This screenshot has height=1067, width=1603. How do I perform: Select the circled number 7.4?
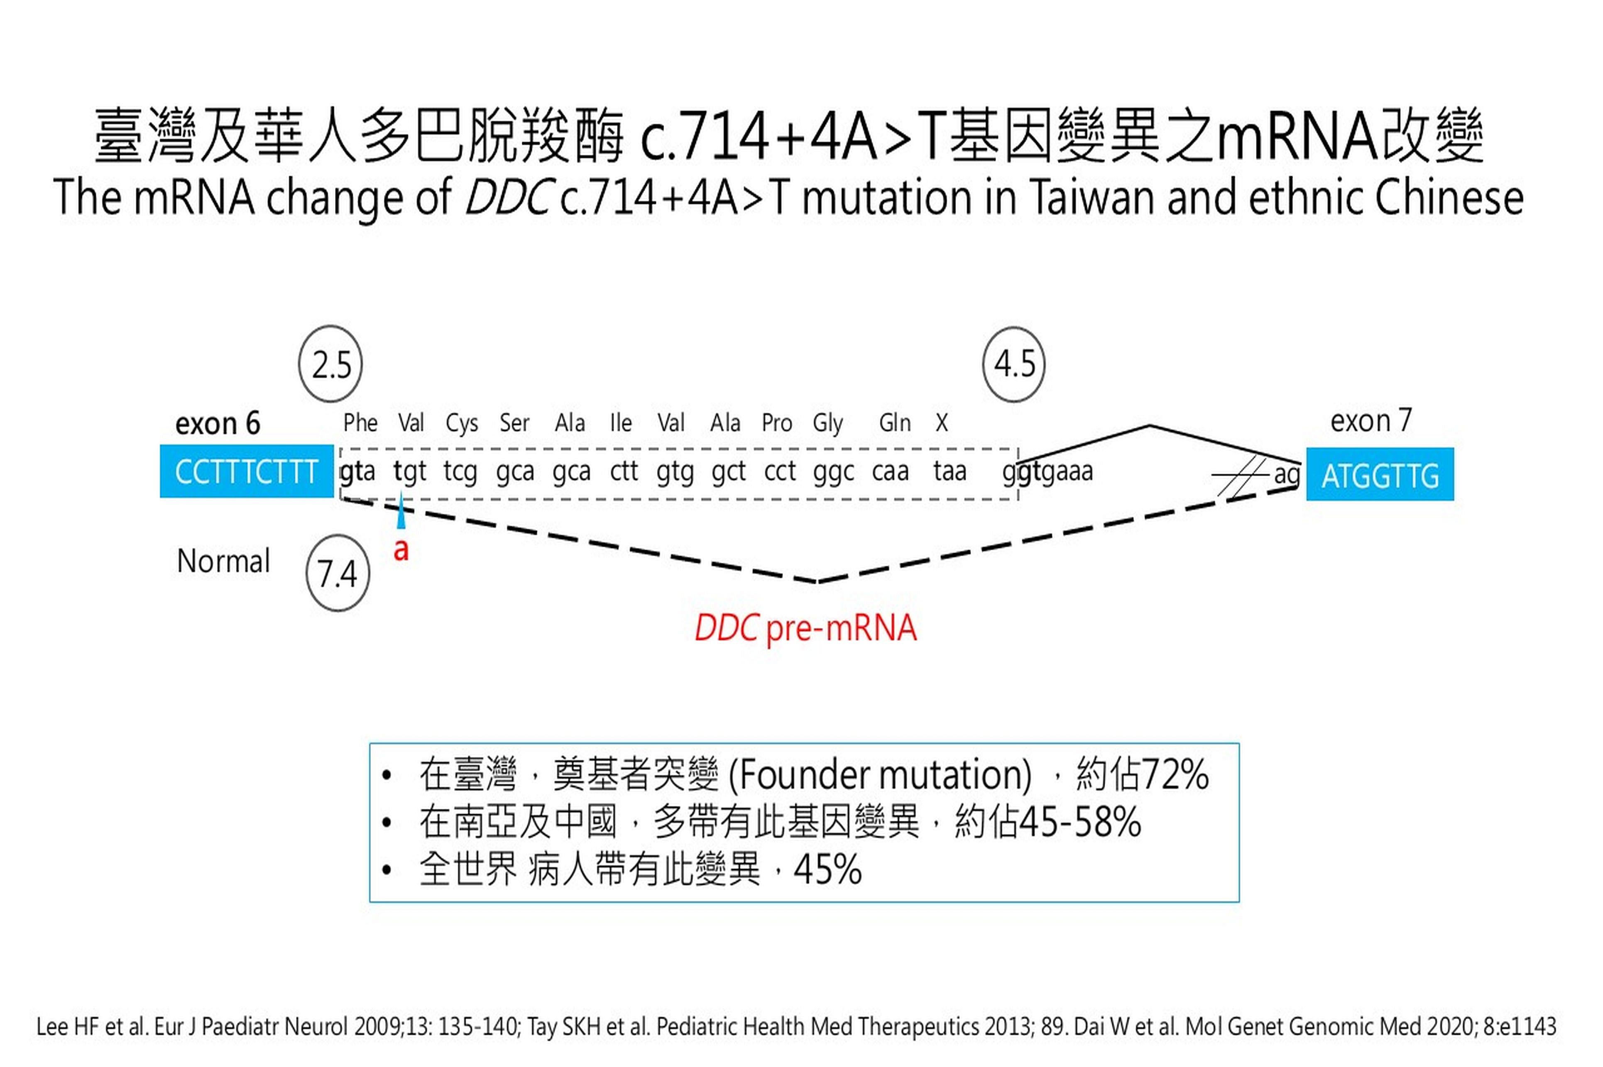(x=338, y=573)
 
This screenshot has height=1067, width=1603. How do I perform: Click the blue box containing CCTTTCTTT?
(x=246, y=471)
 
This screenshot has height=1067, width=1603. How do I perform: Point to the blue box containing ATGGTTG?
(x=1380, y=474)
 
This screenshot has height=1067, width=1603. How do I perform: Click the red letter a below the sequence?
(x=401, y=549)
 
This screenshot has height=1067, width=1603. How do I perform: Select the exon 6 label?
(x=218, y=423)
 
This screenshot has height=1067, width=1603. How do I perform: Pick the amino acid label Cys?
(x=462, y=423)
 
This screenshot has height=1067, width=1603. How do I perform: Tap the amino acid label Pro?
(x=777, y=423)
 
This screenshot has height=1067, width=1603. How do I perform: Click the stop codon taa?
(x=950, y=471)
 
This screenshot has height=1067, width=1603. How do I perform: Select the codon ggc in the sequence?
(x=833, y=471)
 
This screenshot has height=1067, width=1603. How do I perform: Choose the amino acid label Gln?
(x=894, y=423)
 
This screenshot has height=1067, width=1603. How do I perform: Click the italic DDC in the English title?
(x=507, y=198)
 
